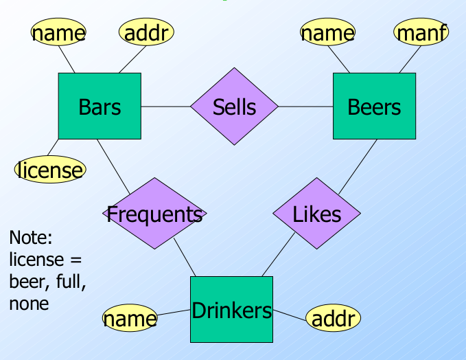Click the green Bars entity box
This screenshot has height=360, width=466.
[x=100, y=106]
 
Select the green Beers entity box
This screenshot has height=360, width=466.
[x=374, y=106]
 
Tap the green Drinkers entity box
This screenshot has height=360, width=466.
[x=231, y=310]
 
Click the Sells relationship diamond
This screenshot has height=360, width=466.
[x=234, y=106]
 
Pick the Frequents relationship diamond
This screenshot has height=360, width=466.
[x=154, y=214]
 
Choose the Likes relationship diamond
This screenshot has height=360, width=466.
[x=316, y=214]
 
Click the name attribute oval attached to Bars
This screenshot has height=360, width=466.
[x=58, y=32]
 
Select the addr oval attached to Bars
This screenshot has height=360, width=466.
[x=146, y=32]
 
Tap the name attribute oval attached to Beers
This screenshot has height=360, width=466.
[x=327, y=32]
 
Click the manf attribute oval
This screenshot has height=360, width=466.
[x=421, y=32]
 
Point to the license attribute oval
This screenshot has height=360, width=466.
[x=50, y=169]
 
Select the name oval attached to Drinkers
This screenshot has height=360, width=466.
[x=130, y=318]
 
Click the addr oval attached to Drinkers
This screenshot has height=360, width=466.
[x=333, y=318]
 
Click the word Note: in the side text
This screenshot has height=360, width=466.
[x=31, y=238]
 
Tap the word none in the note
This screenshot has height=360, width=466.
[x=29, y=303]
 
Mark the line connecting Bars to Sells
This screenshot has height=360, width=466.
[x=165, y=106]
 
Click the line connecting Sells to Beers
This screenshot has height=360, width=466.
[x=305, y=106]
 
